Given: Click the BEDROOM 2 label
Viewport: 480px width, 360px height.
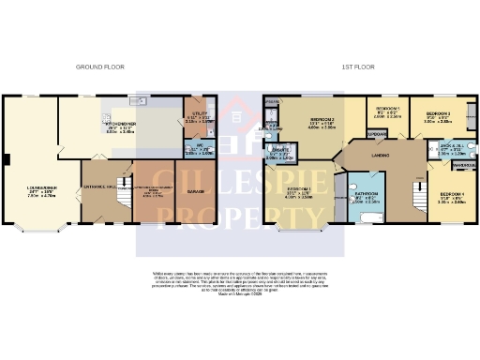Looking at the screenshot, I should pyautogui.click(x=322, y=120).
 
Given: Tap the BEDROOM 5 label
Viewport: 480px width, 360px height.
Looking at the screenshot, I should pyautogui.click(x=388, y=110).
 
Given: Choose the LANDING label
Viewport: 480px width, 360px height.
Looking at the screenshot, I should pyautogui.click(x=380, y=156).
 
